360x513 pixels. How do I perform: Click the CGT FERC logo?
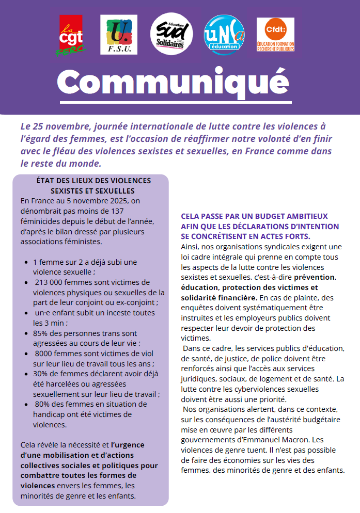click(71, 35)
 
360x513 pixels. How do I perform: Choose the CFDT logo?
click(276, 35)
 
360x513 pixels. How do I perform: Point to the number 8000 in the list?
click(44, 354)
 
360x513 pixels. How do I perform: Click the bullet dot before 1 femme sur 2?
click(26, 262)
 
